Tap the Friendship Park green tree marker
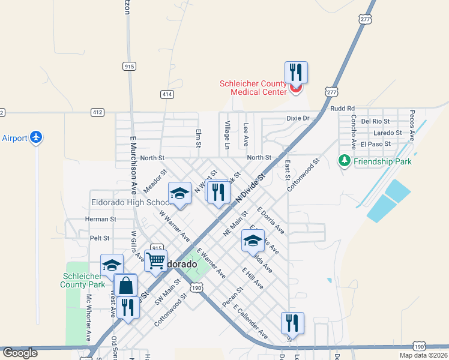point(344,161)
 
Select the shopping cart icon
point(155,260)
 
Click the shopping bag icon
point(126,285)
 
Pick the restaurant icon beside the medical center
point(296,73)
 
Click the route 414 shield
point(167,94)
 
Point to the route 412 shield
point(98,112)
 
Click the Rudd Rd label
point(343,109)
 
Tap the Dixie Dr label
point(297,118)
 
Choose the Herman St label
point(101,220)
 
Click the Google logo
point(20,353)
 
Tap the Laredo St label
point(387,133)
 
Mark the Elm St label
point(198,137)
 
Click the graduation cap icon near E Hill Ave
point(253,241)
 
